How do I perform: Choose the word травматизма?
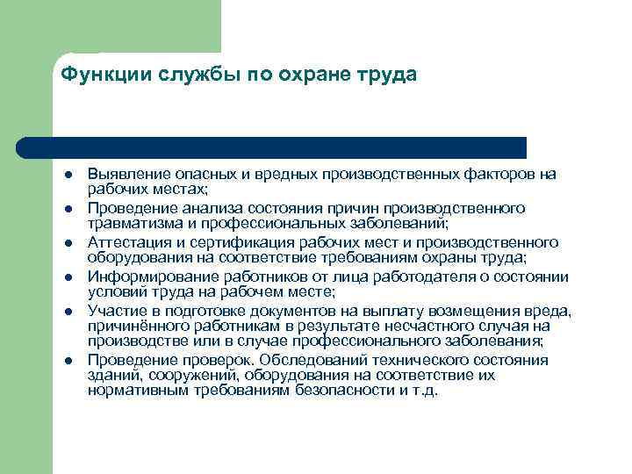[132, 222]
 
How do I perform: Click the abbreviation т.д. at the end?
[423, 391]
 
